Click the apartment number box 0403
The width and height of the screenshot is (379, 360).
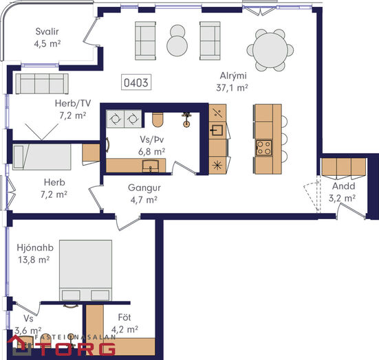coord(136,82)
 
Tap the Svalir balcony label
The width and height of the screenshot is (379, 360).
coord(47,32)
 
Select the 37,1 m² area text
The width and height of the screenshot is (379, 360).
coord(232,88)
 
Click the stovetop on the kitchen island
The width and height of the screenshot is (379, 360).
coord(263,148)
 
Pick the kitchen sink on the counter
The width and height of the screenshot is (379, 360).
coord(217,131)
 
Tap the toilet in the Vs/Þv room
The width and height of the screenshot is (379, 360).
coord(158,120)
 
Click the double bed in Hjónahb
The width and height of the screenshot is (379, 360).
coord(85,270)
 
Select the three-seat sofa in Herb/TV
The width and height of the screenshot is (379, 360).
coord(42,84)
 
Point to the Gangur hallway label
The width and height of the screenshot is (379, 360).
coord(144,188)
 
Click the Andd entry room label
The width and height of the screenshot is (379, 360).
coord(343,186)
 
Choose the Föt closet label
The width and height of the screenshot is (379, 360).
coord(124,317)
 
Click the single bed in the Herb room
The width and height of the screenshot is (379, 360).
coord(42,157)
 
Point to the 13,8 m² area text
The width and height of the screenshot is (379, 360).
coord(34,260)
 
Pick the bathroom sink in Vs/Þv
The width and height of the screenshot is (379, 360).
coord(151,166)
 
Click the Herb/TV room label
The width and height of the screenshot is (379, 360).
coord(73,103)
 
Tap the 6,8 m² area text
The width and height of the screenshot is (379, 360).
coord(152,152)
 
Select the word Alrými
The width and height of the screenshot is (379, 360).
coord(233,76)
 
